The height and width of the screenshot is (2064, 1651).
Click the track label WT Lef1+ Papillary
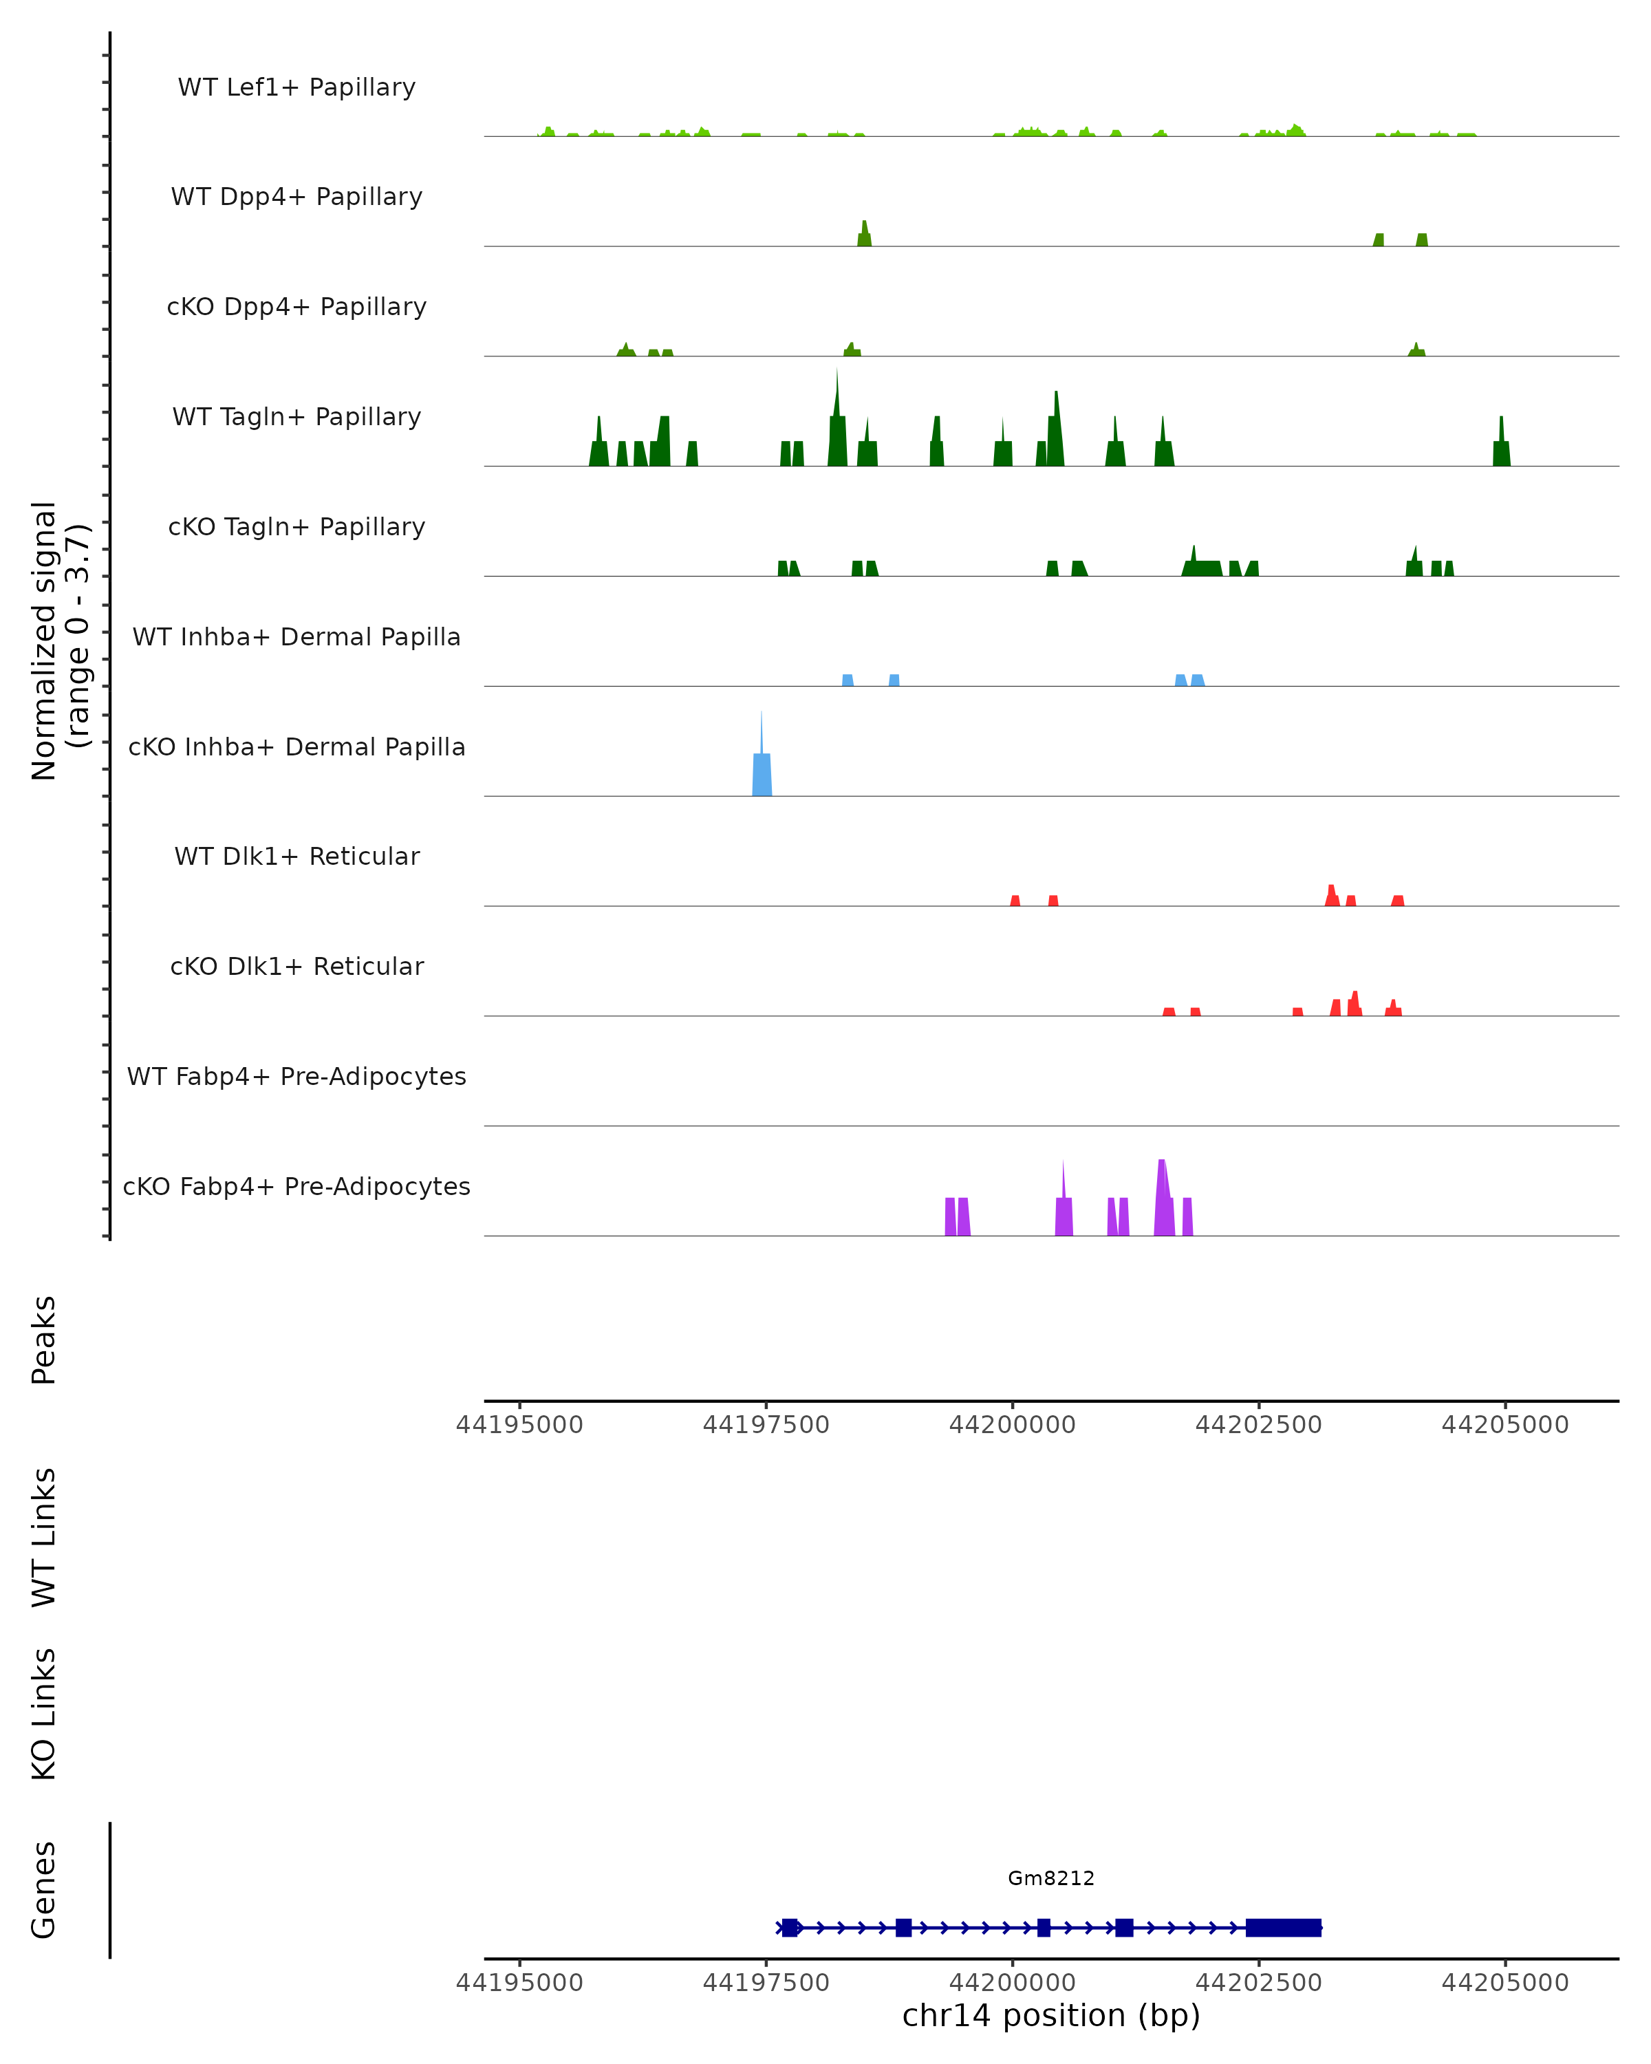[x=296, y=87]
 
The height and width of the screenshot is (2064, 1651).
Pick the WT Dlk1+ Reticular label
[x=296, y=856]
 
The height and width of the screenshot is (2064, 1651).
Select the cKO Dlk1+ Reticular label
[x=296, y=966]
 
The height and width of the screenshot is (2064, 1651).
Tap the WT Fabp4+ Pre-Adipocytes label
[x=296, y=1076]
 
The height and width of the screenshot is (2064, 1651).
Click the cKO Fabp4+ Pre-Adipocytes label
[x=296, y=1186]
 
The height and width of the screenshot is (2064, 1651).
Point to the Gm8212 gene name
[x=1051, y=1878]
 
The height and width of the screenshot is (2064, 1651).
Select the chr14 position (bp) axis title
[x=1051, y=2015]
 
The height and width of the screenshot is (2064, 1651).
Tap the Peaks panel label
[x=44, y=1340]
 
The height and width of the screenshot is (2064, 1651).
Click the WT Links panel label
[x=44, y=1536]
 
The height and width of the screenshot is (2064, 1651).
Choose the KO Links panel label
[x=44, y=1714]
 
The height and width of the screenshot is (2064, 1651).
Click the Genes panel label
[x=44, y=1890]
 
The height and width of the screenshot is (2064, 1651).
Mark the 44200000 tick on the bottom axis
[x=1013, y=1983]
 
